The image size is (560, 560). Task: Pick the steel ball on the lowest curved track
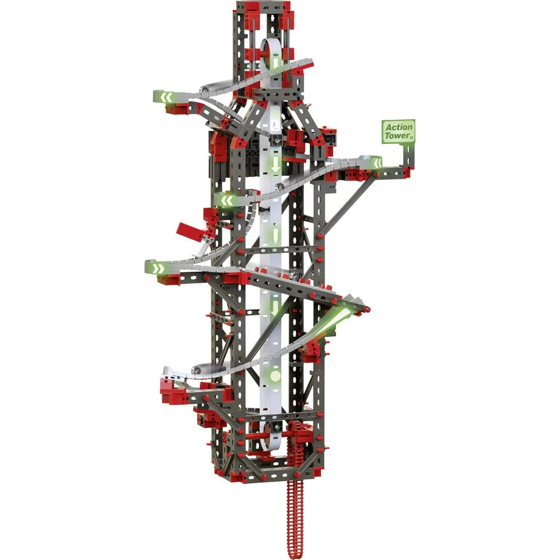pyautogui.click(x=195, y=369)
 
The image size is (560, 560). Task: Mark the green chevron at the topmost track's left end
pyautogui.click(x=166, y=97)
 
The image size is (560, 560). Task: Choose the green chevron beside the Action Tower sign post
pyautogui.click(x=376, y=163)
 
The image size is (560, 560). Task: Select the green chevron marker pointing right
pyautogui.click(x=158, y=268)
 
